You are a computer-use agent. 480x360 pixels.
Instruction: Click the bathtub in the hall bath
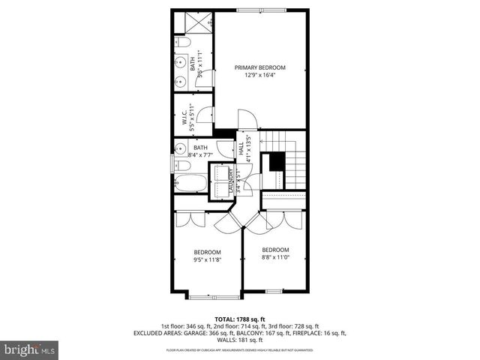(x=190, y=182)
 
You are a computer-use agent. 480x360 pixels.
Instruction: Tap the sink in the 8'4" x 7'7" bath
(x=181, y=148)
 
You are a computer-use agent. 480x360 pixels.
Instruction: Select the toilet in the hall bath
(x=181, y=165)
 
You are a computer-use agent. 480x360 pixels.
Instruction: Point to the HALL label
(x=242, y=149)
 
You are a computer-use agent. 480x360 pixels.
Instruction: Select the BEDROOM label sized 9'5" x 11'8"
(x=208, y=252)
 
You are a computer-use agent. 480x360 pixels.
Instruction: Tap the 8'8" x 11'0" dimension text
(x=275, y=257)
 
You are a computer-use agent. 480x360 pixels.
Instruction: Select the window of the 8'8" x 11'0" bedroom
(x=274, y=291)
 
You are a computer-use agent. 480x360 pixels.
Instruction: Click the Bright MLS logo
(x=30, y=349)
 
